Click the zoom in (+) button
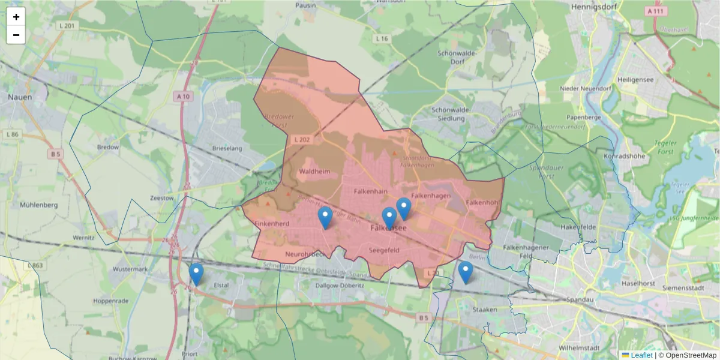point(16,17)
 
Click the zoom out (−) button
point(16,35)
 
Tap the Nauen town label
point(19,96)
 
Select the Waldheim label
point(314,172)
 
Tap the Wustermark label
point(130,269)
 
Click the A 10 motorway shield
point(184,96)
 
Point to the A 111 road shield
point(656,11)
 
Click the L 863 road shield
point(35,265)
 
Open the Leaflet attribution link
point(641,355)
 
